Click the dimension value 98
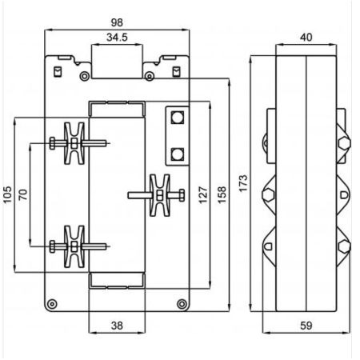click(x=117, y=22)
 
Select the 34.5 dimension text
click(x=117, y=37)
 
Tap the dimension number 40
click(x=306, y=37)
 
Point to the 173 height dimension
click(x=243, y=183)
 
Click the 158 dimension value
click(x=222, y=195)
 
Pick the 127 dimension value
click(x=203, y=195)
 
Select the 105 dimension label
click(x=8, y=195)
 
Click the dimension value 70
click(x=23, y=194)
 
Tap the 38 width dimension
click(x=117, y=326)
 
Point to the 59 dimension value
click(x=306, y=326)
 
